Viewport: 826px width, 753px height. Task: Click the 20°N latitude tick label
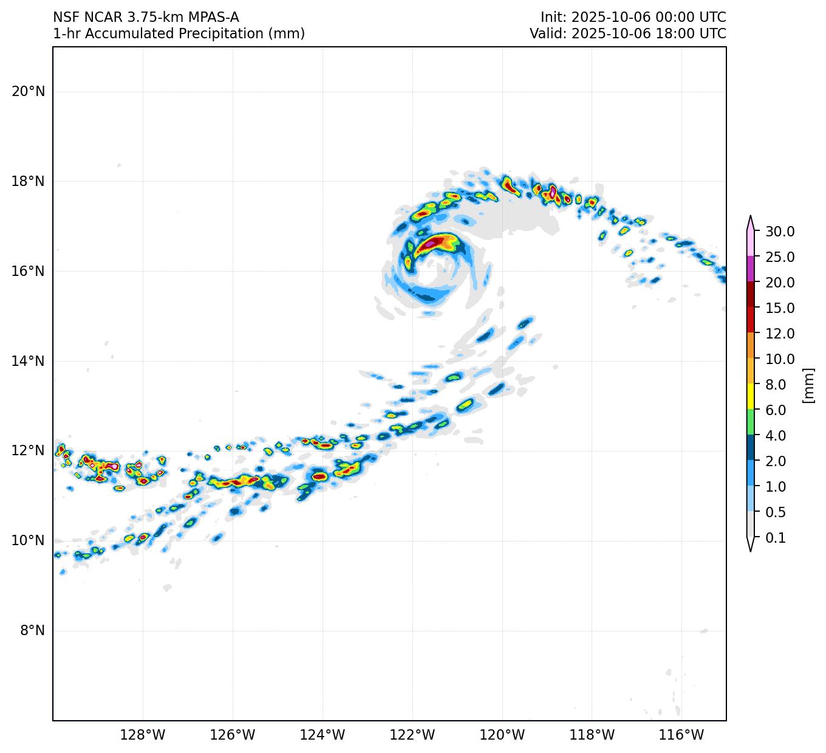coord(28,92)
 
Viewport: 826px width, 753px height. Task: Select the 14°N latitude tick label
coord(28,361)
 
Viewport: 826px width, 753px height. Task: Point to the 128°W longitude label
coord(143,735)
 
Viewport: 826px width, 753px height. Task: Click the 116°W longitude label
coord(682,735)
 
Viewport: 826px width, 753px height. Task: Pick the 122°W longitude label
coord(412,735)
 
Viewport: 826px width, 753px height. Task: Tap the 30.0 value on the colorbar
coord(780,232)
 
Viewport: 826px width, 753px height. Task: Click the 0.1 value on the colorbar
coord(776,538)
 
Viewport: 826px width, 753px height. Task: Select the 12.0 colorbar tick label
coord(780,334)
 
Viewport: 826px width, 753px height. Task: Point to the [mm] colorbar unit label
coord(808,385)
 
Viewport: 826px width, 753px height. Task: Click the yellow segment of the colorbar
coord(751,396)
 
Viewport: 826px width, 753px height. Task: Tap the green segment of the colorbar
coord(751,422)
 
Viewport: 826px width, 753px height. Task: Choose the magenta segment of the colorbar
coord(751,269)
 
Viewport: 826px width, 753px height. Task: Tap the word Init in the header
coord(551,17)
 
